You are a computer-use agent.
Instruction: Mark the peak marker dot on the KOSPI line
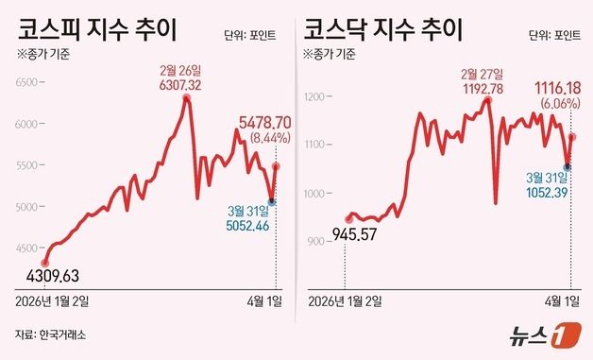click(186, 97)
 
